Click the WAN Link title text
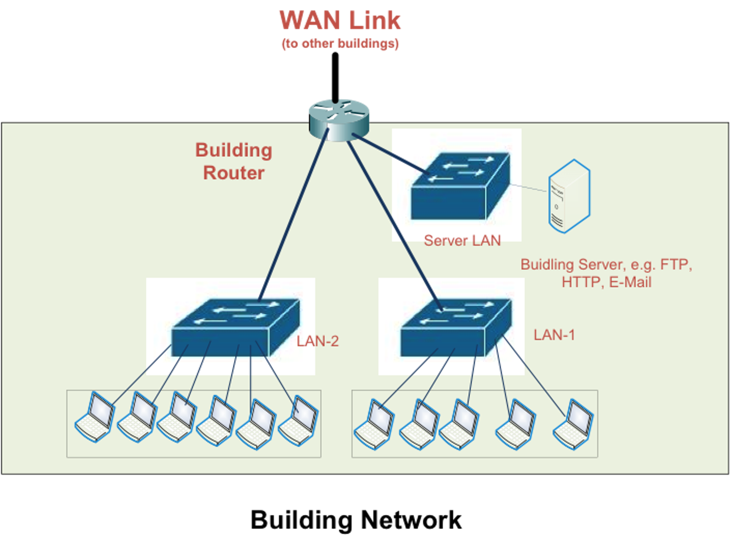(340, 20)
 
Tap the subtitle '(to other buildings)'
(340, 44)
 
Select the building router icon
(339, 119)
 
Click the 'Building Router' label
(234, 161)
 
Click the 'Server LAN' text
(462, 240)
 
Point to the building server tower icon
(569, 196)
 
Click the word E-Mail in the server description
(630, 282)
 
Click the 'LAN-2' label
(317, 341)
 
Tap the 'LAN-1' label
(554, 335)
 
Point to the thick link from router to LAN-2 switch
(293, 214)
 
